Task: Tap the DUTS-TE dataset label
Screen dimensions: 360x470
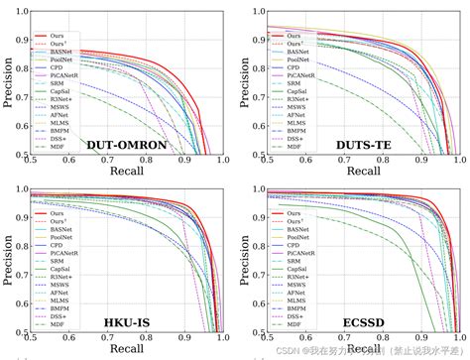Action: pos(365,146)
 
